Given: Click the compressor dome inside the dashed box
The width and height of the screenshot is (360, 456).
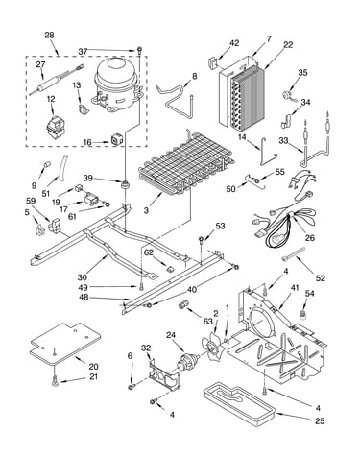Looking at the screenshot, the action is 117,84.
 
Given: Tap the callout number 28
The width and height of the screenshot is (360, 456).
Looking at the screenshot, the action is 49,35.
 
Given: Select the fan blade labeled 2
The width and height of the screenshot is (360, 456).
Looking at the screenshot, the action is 211,347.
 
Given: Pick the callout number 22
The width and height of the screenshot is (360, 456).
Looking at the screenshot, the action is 288,45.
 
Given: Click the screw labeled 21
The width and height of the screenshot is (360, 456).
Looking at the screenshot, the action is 56,380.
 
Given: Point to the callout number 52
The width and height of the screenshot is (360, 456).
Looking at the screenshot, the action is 320,278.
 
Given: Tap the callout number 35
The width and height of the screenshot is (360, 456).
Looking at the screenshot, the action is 302,72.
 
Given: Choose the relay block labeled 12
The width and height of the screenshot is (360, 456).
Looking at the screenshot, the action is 55,128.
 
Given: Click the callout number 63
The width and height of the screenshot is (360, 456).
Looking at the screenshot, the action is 207,321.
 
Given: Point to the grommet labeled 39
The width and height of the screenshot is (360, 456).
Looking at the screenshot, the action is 125,184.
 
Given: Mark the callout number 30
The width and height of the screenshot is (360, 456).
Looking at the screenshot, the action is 83,276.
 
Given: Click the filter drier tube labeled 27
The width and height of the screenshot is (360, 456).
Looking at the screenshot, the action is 57,80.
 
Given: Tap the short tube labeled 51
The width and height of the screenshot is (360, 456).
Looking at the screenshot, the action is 61,170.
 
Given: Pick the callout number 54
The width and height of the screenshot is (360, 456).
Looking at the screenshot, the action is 309,294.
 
